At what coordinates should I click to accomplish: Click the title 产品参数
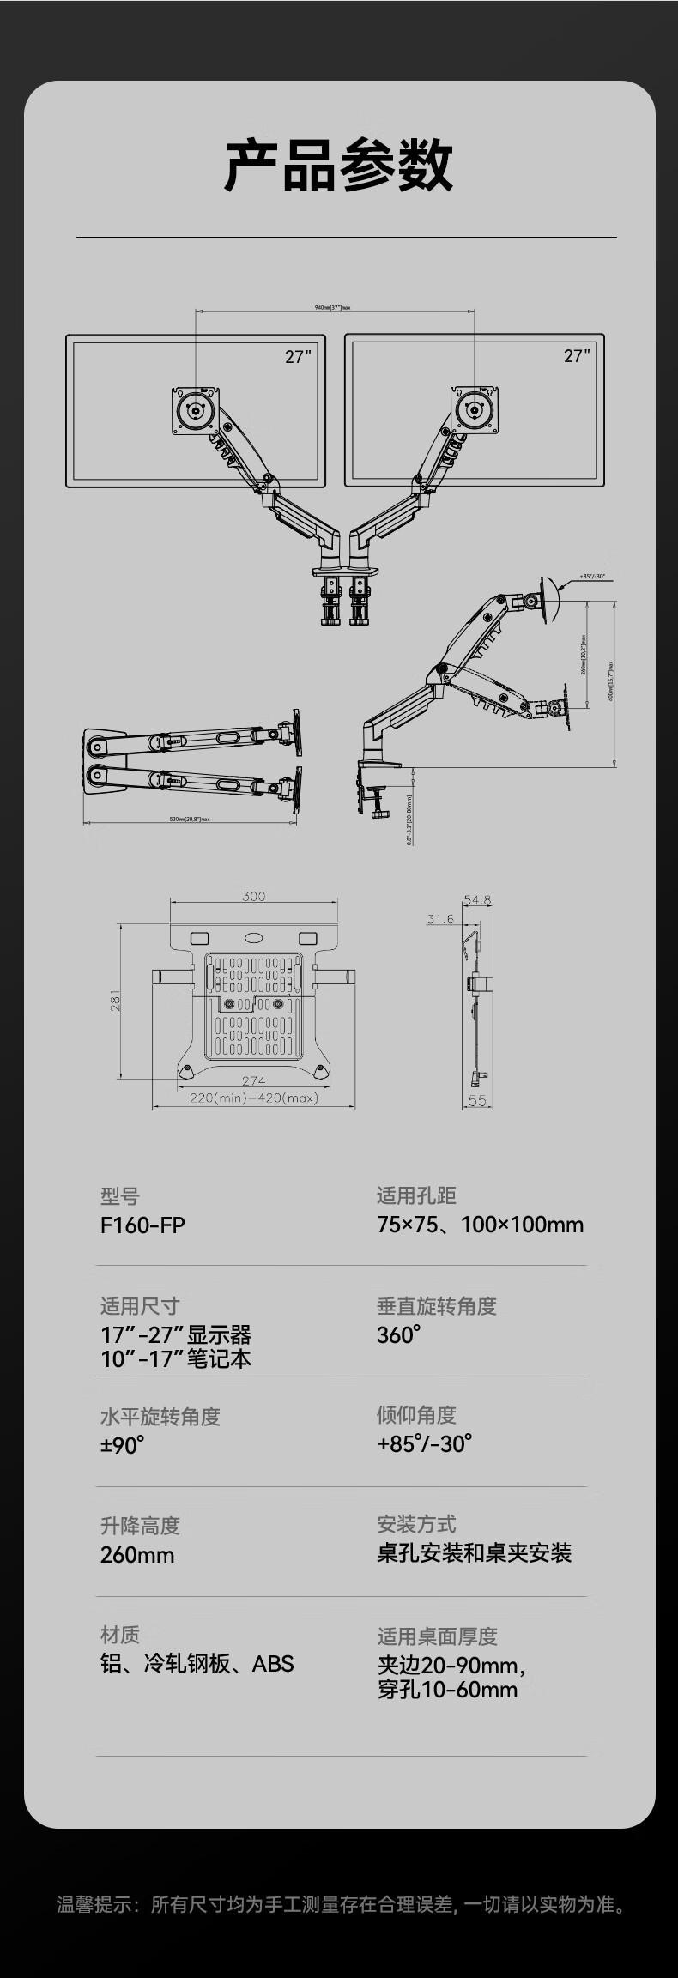point(338,165)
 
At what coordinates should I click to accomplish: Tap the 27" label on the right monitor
point(577,355)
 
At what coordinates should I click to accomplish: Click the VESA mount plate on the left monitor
point(197,410)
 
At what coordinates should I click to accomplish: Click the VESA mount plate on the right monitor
point(475,409)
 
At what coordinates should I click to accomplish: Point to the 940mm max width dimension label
point(333,306)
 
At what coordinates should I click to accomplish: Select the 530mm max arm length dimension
point(190,820)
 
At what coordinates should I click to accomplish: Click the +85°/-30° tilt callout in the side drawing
point(592,577)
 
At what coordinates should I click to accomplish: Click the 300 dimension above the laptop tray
point(253,896)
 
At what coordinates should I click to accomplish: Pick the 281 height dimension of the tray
point(116,1001)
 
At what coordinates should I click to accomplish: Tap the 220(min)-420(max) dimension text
point(253,1098)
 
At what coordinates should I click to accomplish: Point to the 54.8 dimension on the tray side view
point(477,900)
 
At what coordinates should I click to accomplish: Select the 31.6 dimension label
point(440,919)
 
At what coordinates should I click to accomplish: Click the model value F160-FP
point(142,1225)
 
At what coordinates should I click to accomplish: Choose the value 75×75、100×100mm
point(480,1225)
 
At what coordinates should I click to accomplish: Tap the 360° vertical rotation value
point(398,1334)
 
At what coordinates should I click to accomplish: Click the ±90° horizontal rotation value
point(122,1445)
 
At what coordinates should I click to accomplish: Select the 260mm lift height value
point(137,1555)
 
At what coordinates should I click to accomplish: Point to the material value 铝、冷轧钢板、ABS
point(197,1664)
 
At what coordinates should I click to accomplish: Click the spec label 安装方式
point(416,1524)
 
